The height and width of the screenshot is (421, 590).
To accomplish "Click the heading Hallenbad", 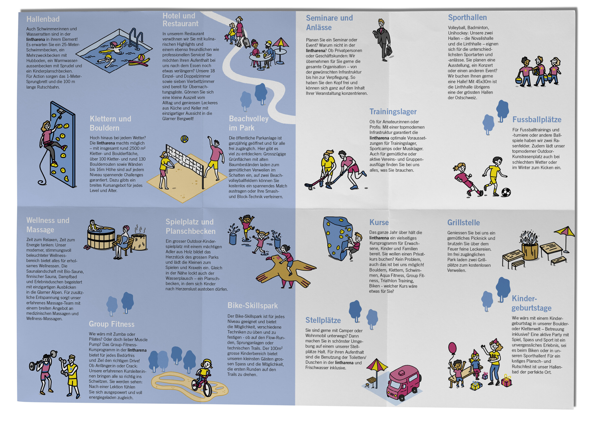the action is (x=43, y=19).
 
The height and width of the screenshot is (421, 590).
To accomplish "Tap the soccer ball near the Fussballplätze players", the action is (x=506, y=192).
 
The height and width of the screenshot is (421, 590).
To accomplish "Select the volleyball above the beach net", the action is (x=184, y=139).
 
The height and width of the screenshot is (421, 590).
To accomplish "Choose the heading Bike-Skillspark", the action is (x=252, y=305).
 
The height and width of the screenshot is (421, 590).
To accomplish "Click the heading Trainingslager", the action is (x=393, y=112).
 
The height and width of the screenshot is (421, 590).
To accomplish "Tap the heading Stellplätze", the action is (x=323, y=320).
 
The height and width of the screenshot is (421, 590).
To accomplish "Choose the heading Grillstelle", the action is (x=463, y=223).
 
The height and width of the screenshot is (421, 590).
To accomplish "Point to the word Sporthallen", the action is (x=467, y=17).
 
